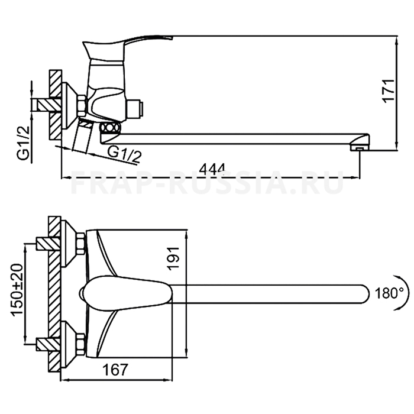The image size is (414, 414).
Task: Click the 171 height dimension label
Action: [389, 90]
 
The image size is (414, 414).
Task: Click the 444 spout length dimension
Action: [212, 169]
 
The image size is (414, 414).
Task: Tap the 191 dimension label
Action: [173, 259]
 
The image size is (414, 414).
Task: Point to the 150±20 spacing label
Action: [17, 290]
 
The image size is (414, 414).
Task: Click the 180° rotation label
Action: [389, 293]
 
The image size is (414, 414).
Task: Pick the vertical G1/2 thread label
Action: [24, 143]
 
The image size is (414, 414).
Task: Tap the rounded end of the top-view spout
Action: [364, 293]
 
